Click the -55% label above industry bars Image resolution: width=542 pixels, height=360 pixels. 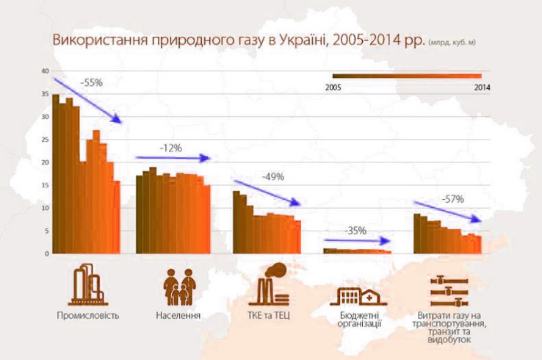coord(92,83)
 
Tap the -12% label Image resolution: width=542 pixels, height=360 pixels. coord(170,148)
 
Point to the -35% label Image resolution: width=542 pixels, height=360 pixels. coord(355,231)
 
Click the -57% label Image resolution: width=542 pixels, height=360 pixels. coord(452,198)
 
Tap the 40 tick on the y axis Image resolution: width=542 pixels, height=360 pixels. coord(45,71)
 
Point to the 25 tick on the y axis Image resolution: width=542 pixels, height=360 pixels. coord(45,140)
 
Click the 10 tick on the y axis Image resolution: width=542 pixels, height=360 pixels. coord(45,208)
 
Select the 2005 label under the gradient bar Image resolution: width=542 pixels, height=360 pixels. coord(333,87)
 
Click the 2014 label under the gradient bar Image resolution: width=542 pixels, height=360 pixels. coord(482,87)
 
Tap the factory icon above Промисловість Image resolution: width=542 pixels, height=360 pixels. coord(87,284)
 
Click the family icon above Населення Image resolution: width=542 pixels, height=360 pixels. coord(179,287)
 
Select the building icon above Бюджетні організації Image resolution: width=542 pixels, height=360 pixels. coord(359,295)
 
